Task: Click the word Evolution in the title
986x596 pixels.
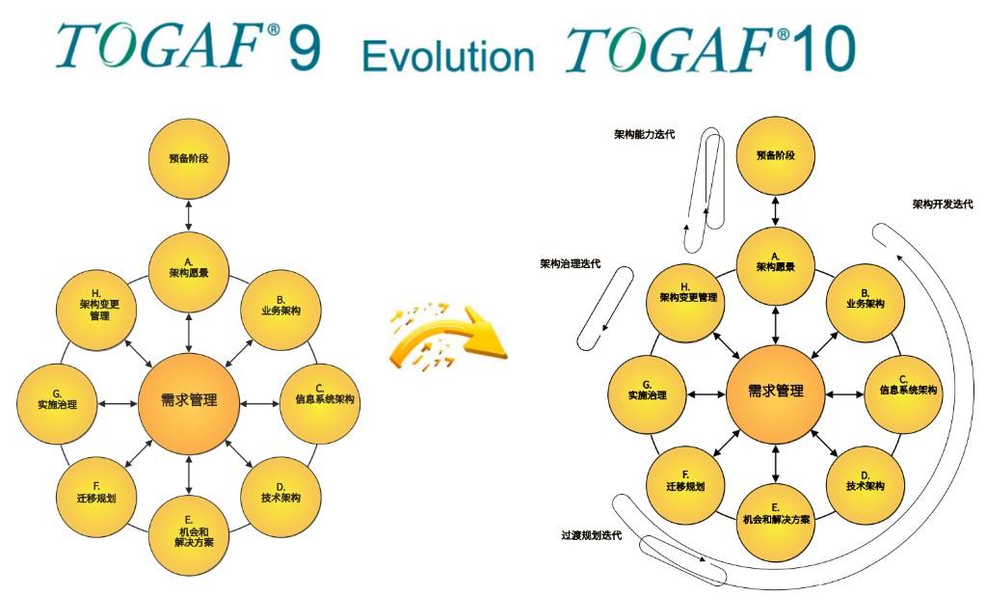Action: (447, 55)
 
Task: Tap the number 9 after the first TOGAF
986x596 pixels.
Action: (304, 48)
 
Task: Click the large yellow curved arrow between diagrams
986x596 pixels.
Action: (447, 333)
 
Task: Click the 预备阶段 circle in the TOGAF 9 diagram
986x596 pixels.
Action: (189, 158)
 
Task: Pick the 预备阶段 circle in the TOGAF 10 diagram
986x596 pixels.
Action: (776, 155)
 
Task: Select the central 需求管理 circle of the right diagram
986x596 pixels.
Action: (776, 392)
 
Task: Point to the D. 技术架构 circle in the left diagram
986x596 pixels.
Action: (280, 493)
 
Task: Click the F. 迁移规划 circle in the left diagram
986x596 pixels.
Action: (97, 493)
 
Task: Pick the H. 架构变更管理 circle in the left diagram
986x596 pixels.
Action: (97, 306)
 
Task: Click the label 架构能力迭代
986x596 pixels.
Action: (644, 134)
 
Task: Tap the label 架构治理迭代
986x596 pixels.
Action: (570, 263)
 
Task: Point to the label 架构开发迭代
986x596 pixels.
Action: (943, 204)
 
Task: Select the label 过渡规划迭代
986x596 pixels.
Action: (591, 535)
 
